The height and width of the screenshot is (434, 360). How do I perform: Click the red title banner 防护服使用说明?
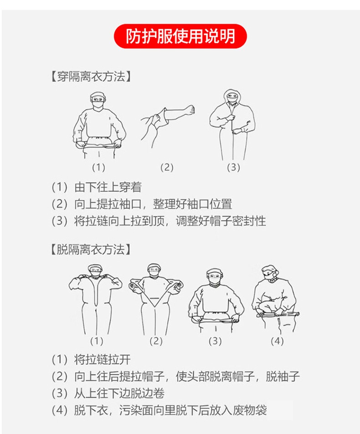click(x=180, y=36)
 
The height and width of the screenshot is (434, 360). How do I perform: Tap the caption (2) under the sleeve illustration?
click(x=167, y=168)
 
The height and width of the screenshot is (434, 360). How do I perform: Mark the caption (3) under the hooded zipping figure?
click(x=233, y=168)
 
